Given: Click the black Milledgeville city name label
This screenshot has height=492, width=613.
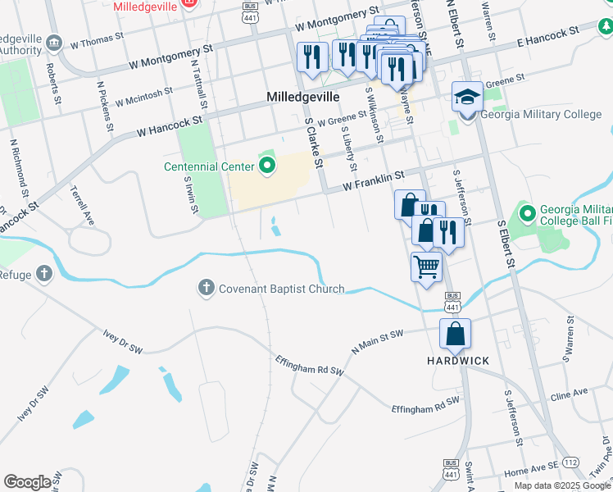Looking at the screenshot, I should (303, 97).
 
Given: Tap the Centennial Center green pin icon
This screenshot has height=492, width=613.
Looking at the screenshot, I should (266, 168).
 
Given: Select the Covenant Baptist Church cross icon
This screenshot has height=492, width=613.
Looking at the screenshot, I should (206, 288).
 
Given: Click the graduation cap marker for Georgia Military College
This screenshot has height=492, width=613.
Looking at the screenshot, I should (467, 97).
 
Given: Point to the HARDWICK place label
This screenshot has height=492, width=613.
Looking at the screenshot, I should (457, 361).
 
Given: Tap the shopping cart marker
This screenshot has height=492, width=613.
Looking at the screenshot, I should (426, 266).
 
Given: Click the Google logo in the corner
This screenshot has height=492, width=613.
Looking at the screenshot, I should (27, 482).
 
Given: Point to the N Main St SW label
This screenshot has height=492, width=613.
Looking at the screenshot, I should (378, 339).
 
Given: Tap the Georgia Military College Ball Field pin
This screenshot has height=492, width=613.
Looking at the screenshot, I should (525, 215).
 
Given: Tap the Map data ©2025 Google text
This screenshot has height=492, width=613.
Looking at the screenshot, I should (562, 485).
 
